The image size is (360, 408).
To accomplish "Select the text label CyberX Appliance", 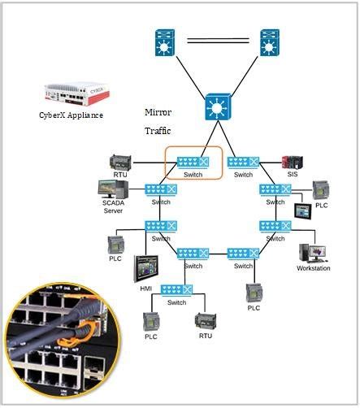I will pyautogui.click(x=72, y=115).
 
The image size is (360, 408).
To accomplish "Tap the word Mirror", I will pyautogui.click(x=158, y=111).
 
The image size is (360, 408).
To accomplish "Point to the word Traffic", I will pyautogui.click(x=158, y=130).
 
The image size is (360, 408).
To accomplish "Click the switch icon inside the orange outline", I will pyautogui.click(x=193, y=161).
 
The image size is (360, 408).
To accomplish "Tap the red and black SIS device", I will pyautogui.click(x=292, y=161).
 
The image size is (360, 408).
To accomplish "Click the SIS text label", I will pyautogui.click(x=292, y=175).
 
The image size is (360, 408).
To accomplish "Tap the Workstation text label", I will pyautogui.click(x=313, y=268).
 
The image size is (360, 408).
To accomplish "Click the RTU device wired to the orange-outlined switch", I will pyautogui.click(x=120, y=161).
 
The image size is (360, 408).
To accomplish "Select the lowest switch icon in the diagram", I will pyautogui.click(x=176, y=291).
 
